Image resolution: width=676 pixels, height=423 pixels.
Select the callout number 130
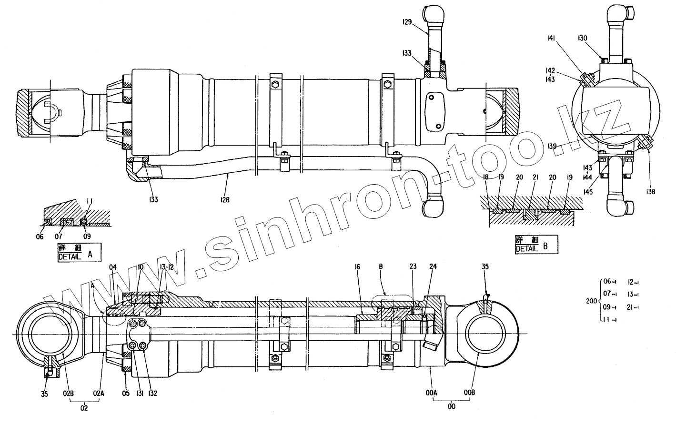click(583, 38)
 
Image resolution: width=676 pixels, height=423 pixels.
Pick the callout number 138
click(650, 192)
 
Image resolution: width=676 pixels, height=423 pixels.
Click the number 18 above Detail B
click(486, 177)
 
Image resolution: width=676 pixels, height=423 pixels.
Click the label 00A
click(431, 393)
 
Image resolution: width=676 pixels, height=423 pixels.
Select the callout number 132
click(152, 393)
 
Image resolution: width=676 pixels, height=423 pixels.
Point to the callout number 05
click(126, 393)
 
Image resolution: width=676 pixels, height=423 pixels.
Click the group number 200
click(591, 302)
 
